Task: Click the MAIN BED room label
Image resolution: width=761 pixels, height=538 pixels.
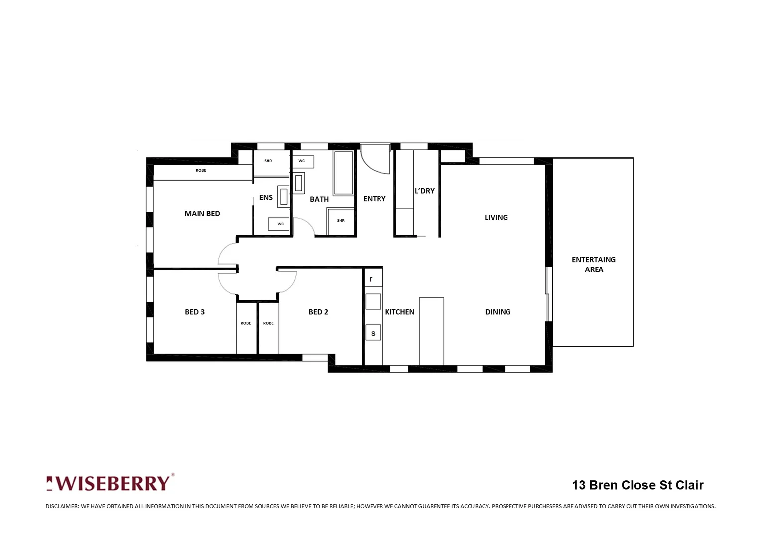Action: click(202, 213)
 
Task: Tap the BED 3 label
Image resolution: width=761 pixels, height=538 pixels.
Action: click(195, 312)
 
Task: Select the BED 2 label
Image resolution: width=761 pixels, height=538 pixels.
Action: click(318, 312)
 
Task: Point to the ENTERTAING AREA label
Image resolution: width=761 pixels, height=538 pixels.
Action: click(593, 264)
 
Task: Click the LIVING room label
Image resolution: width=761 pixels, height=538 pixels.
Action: click(496, 217)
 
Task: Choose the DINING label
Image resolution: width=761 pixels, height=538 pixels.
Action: click(498, 312)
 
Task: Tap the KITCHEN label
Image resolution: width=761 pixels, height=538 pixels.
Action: click(399, 312)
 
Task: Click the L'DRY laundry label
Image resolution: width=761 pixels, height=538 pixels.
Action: click(424, 191)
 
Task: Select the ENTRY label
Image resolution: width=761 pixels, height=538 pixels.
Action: click(374, 199)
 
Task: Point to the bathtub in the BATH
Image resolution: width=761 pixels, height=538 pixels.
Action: click(343, 173)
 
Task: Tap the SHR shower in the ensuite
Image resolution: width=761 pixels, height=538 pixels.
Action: click(268, 161)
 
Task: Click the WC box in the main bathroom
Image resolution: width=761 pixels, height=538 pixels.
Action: click(302, 161)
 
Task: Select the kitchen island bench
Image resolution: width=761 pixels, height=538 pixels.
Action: click(431, 331)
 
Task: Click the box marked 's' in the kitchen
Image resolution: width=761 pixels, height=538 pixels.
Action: click(373, 333)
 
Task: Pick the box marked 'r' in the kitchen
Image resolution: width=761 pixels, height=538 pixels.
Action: click(371, 279)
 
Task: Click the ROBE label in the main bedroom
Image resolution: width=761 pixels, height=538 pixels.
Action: click(201, 170)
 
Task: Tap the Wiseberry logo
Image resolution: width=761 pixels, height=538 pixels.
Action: click(110, 483)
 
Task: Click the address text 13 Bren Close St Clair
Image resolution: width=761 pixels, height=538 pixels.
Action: click(637, 485)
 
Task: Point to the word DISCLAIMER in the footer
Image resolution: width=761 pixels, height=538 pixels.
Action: click(62, 506)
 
